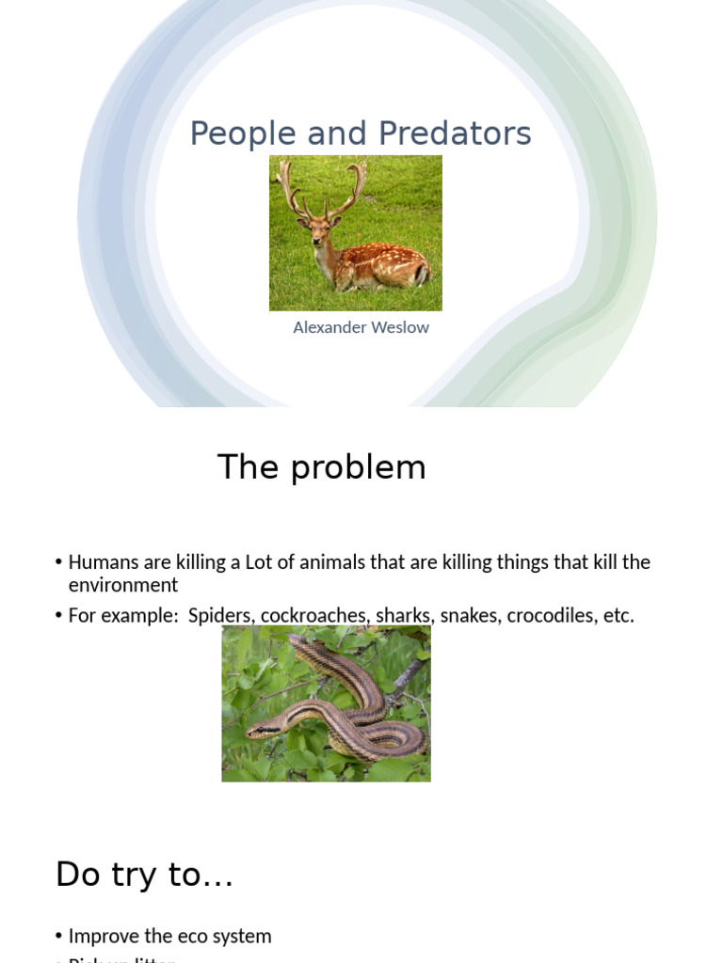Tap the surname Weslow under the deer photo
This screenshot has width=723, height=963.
(x=402, y=327)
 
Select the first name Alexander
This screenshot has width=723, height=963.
(x=333, y=327)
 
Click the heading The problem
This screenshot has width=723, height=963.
(x=321, y=467)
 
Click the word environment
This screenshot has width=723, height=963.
(x=122, y=585)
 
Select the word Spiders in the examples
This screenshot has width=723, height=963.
(x=220, y=616)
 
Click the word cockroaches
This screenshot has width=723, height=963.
(x=314, y=616)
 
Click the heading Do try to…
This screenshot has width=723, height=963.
(x=144, y=875)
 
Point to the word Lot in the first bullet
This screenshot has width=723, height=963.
(x=258, y=562)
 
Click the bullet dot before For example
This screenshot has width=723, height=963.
(x=59, y=616)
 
